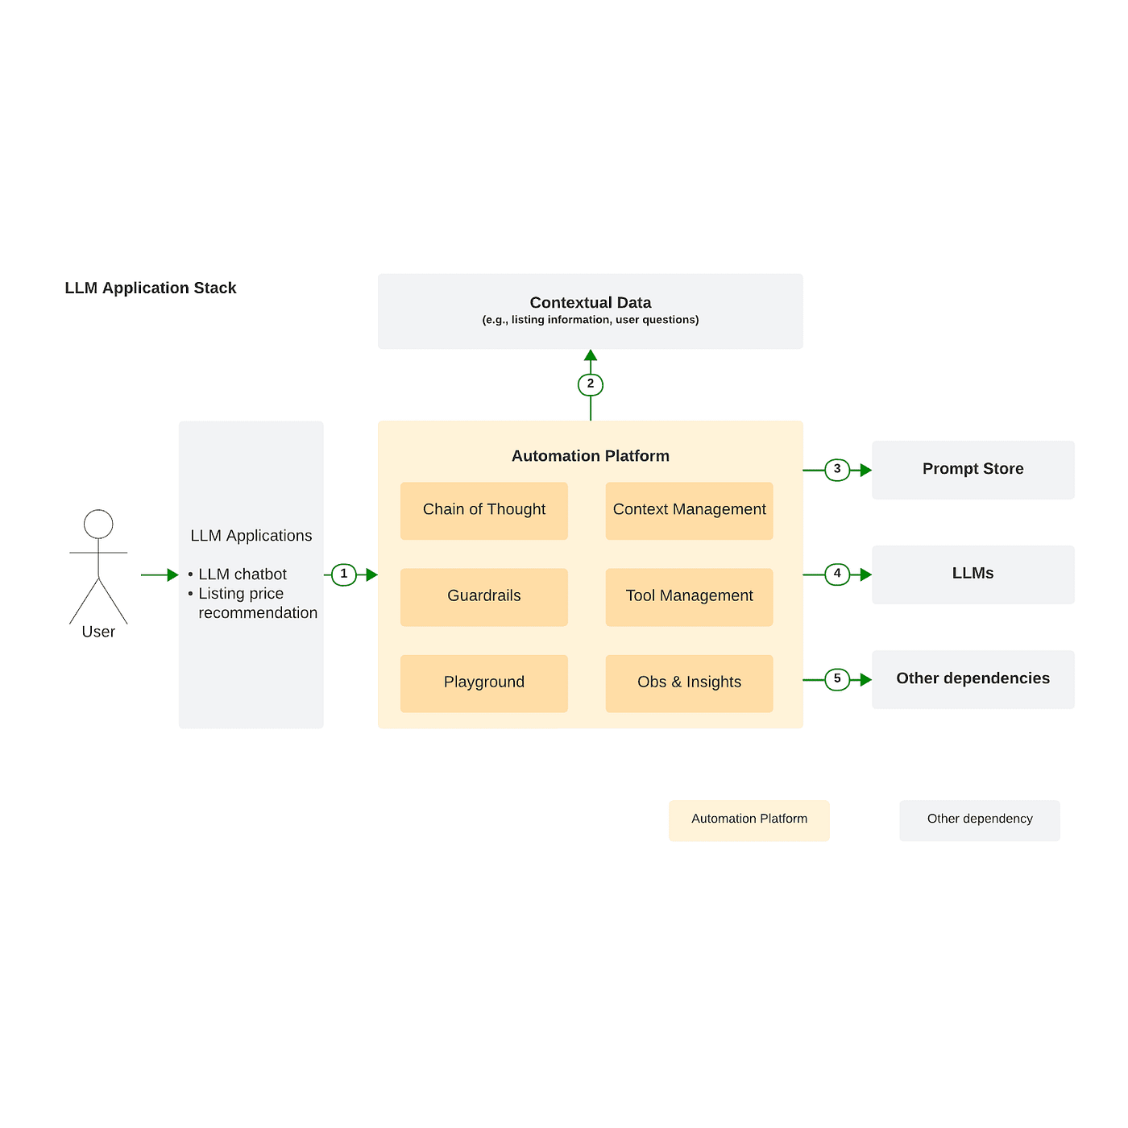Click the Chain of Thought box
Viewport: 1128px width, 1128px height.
coord(483,511)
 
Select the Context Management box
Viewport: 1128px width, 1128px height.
coord(689,511)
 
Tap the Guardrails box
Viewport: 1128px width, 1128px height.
coord(483,597)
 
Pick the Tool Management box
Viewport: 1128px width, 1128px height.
coord(689,597)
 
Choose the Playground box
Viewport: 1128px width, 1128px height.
coord(483,683)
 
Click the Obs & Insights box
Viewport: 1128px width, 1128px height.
coord(689,683)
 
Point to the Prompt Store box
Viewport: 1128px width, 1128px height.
coord(972,470)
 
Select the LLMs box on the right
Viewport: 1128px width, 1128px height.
coord(972,574)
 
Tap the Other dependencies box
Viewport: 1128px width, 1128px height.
coord(972,679)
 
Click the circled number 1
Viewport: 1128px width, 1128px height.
coord(344,574)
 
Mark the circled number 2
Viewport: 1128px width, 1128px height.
coord(591,384)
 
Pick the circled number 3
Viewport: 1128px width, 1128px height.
coord(837,470)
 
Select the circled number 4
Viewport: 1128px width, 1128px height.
coord(837,574)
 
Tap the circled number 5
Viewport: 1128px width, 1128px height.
coord(837,679)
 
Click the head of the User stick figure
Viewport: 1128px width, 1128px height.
coord(98,524)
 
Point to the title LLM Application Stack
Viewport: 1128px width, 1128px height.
coord(151,288)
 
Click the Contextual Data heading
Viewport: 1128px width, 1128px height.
coord(591,303)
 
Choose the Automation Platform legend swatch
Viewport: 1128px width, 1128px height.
coord(749,820)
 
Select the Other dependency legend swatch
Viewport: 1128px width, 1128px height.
coord(979,820)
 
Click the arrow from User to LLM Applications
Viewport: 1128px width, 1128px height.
coord(160,574)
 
